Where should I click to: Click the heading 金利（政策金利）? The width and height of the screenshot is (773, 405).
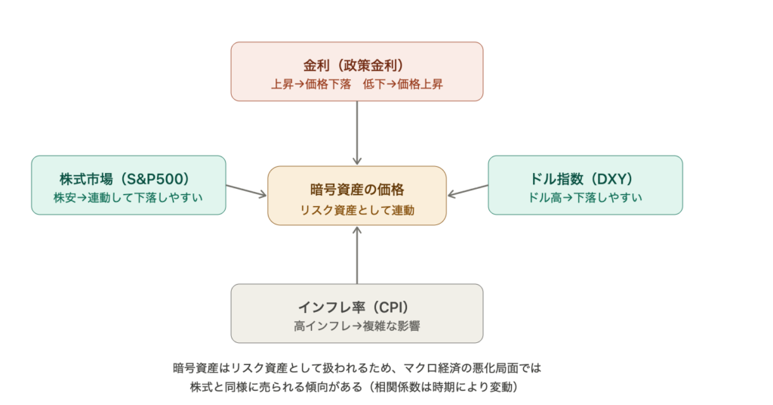[356, 65]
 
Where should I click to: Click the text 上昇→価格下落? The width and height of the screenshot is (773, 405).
[311, 84]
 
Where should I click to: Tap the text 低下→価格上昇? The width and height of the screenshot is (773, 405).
[402, 84]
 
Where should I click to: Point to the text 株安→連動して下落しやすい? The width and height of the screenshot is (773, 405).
[128, 198]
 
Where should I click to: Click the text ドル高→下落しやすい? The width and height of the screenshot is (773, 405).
[585, 198]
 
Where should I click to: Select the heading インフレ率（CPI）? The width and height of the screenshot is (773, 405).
[356, 308]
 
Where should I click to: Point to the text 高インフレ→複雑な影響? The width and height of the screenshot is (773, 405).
[356, 326]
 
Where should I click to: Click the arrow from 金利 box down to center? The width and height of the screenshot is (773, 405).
[357, 132]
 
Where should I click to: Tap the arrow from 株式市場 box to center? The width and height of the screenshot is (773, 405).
[246, 190]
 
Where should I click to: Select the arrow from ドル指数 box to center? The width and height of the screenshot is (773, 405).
[467, 190]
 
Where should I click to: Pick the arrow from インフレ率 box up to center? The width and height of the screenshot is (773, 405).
[357, 255]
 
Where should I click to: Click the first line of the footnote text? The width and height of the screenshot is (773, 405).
[356, 369]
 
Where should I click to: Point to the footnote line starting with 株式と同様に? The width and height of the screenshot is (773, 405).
[356, 387]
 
